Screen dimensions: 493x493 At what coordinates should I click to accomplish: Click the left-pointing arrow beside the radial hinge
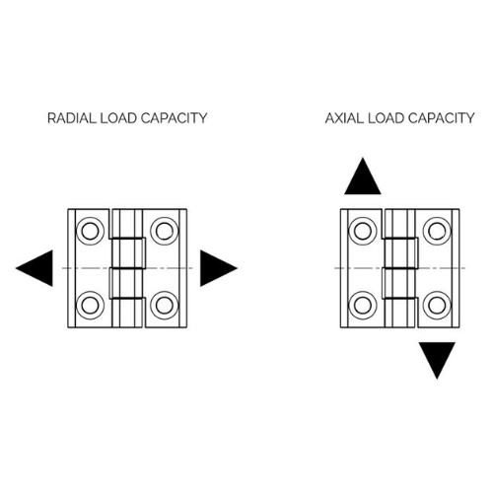coord(36,268)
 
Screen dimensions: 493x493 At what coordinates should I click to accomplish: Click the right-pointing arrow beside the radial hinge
coord(217,268)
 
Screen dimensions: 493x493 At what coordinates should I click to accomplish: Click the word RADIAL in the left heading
coord(72,118)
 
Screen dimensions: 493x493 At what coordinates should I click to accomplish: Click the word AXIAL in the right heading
coord(344,118)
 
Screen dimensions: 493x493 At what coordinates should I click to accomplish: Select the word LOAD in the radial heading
coord(118,118)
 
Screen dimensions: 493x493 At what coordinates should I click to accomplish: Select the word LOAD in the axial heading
coord(386,118)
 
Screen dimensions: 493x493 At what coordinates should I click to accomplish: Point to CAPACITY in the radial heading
coord(174,118)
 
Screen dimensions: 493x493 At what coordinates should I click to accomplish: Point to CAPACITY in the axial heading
coord(442,118)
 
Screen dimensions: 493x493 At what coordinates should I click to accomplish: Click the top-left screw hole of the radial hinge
coord(90,231)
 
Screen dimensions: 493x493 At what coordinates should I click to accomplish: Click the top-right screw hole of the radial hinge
coord(165,231)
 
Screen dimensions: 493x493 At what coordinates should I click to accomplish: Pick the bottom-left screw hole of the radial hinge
coord(90,306)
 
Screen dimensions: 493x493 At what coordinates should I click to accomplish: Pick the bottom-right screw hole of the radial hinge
coord(165,306)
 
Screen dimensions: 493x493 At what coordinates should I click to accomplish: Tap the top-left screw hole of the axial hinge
coord(363,231)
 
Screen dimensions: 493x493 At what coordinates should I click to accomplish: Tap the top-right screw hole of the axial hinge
coord(437,231)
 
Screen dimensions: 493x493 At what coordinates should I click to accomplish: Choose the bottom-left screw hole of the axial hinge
coord(363,306)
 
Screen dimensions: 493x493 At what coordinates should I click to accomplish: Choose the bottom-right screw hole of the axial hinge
coord(437,306)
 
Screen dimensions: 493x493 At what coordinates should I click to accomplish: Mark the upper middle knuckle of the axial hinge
coord(401,253)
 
